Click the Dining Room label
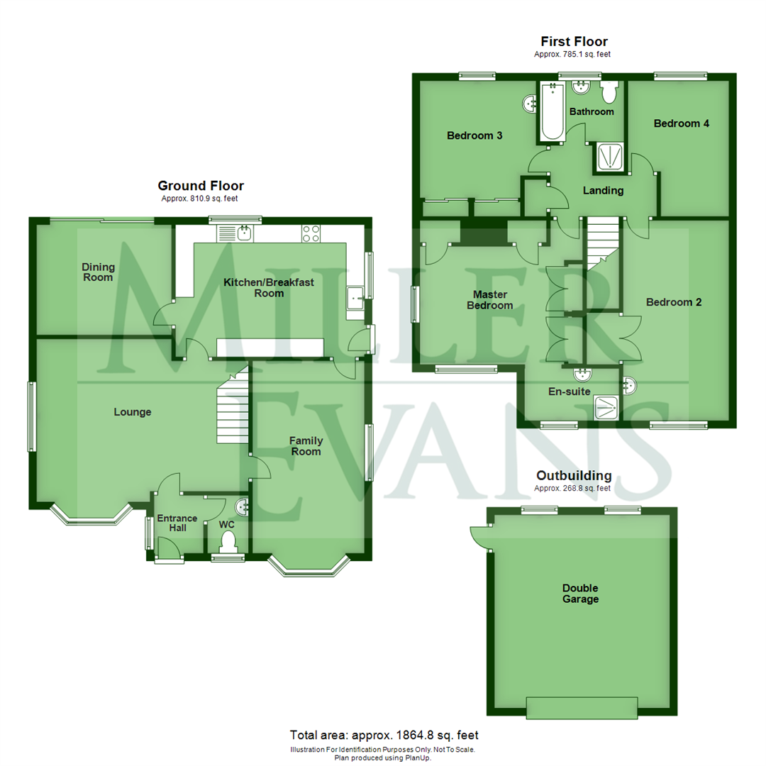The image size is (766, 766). pyautogui.click(x=98, y=272)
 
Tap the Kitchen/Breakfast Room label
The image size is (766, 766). pyautogui.click(x=269, y=288)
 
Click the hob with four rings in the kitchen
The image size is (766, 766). pyautogui.click(x=311, y=233)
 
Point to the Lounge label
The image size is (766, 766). pyautogui.click(x=133, y=412)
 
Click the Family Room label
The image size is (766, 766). pyautogui.click(x=306, y=446)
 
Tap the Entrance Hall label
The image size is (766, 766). pyautogui.click(x=177, y=523)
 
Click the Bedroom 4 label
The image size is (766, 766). pyautogui.click(x=682, y=123)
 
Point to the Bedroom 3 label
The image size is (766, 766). pyautogui.click(x=475, y=135)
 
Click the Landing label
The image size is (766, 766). pyautogui.click(x=603, y=190)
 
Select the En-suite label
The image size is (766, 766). pyautogui.click(x=570, y=391)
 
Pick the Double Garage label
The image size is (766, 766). pyautogui.click(x=580, y=594)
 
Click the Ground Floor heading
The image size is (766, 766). pyautogui.click(x=201, y=186)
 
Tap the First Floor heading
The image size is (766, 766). pyautogui.click(x=574, y=42)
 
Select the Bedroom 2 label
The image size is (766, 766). pyautogui.click(x=674, y=302)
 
